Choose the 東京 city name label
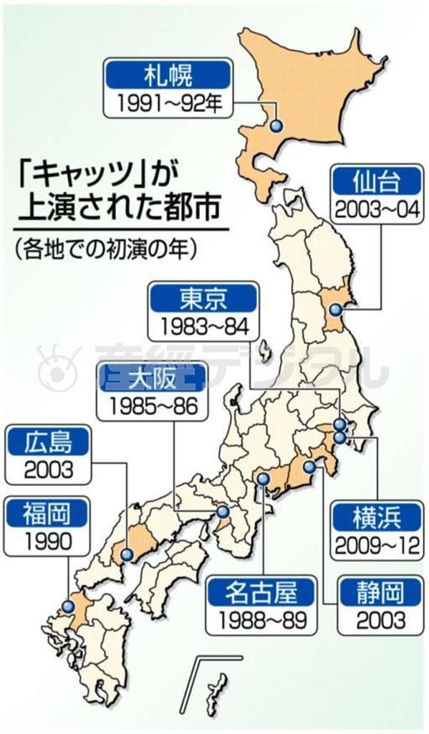(x=202, y=297)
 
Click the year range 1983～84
(x=202, y=326)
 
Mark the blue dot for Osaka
(x=223, y=512)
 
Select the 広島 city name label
(x=48, y=441)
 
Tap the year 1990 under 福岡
(x=48, y=541)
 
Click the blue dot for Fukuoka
(x=68, y=606)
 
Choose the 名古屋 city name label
(x=259, y=591)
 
